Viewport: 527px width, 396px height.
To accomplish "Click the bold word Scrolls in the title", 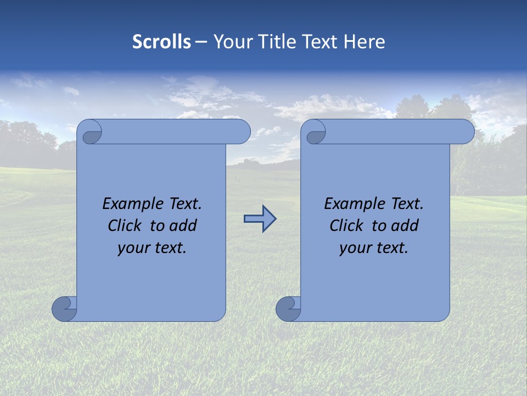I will pos(161,42).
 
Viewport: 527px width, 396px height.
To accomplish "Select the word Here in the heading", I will pos(365,42).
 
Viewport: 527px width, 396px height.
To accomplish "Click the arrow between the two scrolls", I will pos(260,219).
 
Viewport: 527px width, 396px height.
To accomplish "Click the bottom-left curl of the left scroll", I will pos(64,309).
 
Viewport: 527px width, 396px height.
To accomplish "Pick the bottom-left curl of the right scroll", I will pos(288,309).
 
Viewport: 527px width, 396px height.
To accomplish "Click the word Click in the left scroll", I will pos(126,226).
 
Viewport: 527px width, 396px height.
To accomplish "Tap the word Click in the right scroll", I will pos(348,226).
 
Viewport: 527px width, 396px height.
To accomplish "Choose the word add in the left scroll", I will pos(184,226).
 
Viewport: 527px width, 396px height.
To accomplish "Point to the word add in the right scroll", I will pos(406,226).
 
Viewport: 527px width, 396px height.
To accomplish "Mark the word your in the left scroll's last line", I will pos(134,248).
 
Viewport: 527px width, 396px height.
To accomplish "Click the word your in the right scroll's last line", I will pos(356,248).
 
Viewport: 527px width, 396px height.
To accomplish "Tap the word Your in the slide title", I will pos(231,42).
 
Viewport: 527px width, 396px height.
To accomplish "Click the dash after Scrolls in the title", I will pos(201,42).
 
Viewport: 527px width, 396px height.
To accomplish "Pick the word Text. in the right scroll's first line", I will pos(407,204).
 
